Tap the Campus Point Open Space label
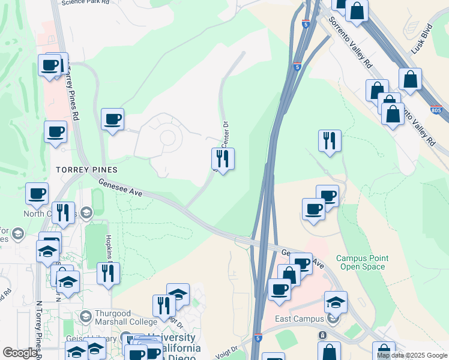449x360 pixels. (362, 262)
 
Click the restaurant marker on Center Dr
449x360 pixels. (223, 159)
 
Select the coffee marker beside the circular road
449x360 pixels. (112, 119)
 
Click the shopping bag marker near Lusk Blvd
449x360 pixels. (410, 79)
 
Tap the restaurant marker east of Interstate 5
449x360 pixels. (330, 141)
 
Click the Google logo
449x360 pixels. (19, 353)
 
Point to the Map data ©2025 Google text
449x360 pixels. (411, 355)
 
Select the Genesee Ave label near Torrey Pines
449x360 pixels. (120, 189)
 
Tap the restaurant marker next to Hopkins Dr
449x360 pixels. (108, 274)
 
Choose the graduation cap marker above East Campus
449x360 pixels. (336, 302)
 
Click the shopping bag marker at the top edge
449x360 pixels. (357, 10)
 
